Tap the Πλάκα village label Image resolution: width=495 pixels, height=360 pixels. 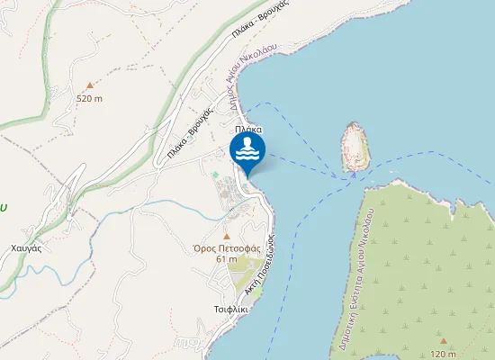point(248,130)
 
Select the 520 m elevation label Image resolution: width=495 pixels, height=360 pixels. point(89,98)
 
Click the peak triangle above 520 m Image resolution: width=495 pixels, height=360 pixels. point(89,85)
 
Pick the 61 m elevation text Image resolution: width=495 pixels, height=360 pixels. point(226,258)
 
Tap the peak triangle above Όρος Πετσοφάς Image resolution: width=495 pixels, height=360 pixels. point(226,237)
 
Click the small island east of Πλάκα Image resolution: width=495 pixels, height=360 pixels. point(354,146)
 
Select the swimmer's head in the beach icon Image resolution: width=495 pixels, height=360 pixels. point(247,142)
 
